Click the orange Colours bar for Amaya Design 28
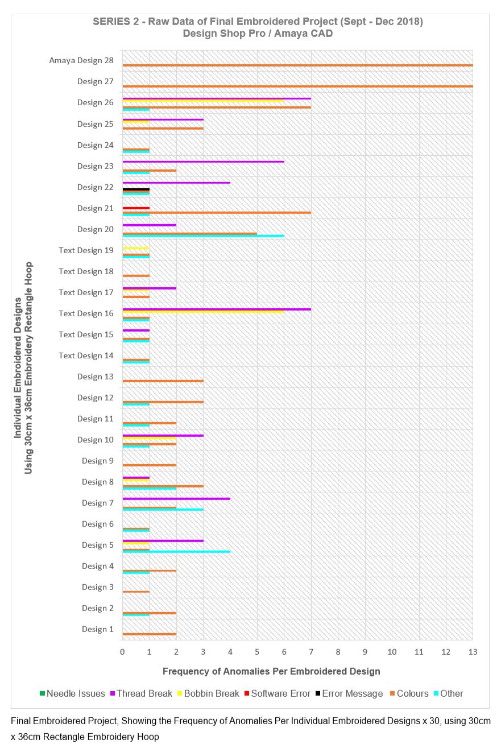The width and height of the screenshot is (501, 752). point(297,65)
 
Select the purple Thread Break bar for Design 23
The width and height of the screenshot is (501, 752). point(203,162)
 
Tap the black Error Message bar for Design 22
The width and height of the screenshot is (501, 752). point(136,189)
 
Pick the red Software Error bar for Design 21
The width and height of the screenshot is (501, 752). point(136,208)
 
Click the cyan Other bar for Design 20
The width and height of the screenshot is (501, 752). point(203,236)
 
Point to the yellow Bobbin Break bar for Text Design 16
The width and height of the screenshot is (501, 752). point(203,311)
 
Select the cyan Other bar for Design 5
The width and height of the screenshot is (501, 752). point(176,552)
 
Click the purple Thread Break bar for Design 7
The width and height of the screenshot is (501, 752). point(176,498)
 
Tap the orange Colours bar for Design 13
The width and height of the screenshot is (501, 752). point(163,381)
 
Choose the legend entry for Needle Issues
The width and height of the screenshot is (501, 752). point(72,693)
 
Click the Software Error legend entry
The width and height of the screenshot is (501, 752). point(277,693)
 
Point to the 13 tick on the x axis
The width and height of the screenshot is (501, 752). point(473,651)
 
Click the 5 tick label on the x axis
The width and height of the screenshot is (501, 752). point(257,651)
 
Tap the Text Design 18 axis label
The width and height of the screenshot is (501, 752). point(86,271)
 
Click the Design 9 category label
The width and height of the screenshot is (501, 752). point(97,461)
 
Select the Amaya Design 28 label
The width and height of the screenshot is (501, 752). point(81,60)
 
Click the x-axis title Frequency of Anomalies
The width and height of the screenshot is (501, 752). point(271,671)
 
